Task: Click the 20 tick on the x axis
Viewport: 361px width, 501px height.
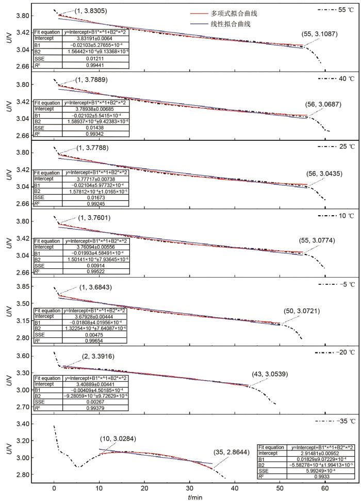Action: click(x=144, y=487)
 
